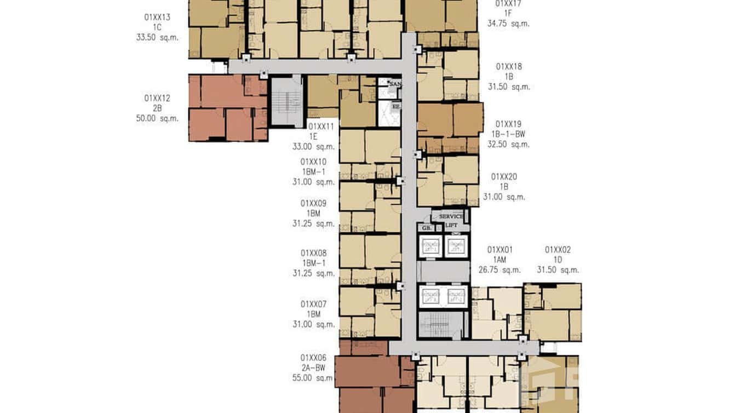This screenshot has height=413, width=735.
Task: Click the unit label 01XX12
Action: (x=157, y=99)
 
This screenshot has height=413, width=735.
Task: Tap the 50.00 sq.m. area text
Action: (x=157, y=118)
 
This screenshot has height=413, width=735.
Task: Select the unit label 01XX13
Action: (x=157, y=18)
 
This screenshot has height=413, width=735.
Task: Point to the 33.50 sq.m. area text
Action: (x=157, y=37)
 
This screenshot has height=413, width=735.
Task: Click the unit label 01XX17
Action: (x=508, y=4)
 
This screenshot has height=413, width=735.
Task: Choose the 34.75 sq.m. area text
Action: (x=508, y=24)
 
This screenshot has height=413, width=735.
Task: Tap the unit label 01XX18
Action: (x=509, y=67)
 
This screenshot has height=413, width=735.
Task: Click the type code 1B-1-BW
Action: (x=508, y=134)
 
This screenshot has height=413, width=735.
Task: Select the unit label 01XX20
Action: (x=504, y=177)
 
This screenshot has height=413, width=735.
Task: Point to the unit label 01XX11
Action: (x=321, y=127)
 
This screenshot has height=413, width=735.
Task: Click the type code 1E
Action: (x=313, y=136)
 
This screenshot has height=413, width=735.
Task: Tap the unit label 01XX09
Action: (x=313, y=203)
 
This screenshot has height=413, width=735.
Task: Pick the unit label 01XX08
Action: (x=313, y=253)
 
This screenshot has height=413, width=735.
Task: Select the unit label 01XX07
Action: (x=313, y=304)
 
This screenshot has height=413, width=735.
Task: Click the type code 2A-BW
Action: (x=313, y=368)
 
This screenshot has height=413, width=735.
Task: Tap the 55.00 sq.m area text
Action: (x=313, y=378)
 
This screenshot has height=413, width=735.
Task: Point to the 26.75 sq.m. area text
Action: (x=499, y=269)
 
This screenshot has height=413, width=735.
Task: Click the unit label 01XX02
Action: (x=558, y=250)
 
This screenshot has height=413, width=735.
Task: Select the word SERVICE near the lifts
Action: (x=451, y=217)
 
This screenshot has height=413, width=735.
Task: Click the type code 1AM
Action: (x=499, y=260)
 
